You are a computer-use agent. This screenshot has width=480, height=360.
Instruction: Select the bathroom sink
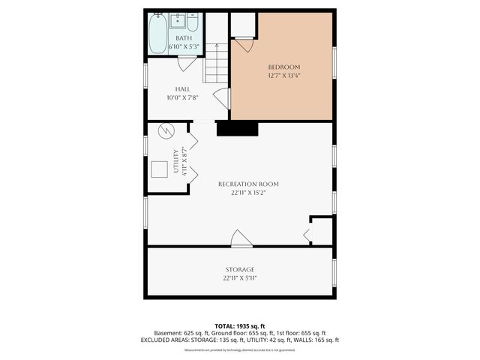point(178,21)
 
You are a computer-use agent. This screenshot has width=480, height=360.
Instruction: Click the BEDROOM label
point(283,67)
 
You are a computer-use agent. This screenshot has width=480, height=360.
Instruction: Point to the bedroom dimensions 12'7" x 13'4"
point(283,76)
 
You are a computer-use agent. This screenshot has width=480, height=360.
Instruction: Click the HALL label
point(182,88)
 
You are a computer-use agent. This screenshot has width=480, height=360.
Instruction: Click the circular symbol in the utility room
point(166,131)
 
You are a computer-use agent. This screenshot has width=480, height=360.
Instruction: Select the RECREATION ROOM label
point(248,184)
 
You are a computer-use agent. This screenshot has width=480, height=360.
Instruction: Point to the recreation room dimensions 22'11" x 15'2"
point(248,193)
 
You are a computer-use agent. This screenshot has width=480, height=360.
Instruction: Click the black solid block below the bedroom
point(237,129)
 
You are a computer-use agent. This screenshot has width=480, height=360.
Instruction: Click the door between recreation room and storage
point(241,239)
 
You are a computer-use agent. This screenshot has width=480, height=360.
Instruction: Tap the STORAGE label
point(240,269)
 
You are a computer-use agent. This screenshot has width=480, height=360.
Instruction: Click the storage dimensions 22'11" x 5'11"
point(240,278)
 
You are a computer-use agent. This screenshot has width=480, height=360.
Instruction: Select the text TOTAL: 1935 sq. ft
point(240,325)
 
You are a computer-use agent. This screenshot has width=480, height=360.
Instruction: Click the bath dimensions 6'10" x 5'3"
point(184,46)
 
